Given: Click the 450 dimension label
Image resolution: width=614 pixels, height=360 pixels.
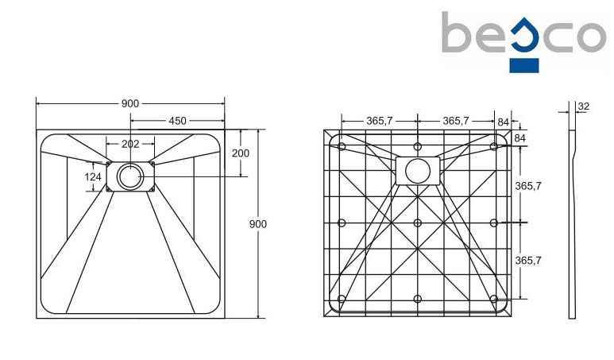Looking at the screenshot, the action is pos(176,121).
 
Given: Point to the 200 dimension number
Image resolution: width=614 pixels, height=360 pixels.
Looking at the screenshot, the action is pos(241,153).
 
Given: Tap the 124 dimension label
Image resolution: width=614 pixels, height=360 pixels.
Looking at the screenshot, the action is pos(94,176).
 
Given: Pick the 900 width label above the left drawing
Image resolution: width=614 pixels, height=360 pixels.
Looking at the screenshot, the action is pos(130,104).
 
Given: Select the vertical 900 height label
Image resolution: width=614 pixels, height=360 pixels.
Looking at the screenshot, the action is pos(258,223).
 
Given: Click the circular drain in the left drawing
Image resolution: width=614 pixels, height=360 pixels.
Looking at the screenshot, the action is pos(129,176).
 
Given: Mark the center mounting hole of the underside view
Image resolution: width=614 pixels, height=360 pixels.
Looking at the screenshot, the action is pos(418,223).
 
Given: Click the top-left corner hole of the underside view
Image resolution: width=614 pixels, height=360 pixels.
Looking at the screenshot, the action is pos(342,146).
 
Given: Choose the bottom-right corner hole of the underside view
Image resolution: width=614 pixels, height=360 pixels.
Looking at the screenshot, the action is pos(493,299).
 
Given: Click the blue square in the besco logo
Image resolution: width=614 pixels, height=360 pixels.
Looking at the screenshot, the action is pos(524,64).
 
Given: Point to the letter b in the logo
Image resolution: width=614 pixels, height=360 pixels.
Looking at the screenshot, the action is pos(458,33).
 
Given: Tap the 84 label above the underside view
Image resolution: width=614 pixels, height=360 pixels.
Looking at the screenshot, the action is pos(503,121).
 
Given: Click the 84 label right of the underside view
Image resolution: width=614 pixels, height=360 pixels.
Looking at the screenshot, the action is pos(520,138).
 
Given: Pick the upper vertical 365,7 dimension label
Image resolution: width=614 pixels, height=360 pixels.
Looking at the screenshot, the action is pos(529,185).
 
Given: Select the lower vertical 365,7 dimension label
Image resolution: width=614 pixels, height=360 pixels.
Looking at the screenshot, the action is pos(529,260).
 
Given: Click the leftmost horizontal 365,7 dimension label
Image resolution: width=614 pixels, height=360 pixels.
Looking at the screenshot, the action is pos(380,121).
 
